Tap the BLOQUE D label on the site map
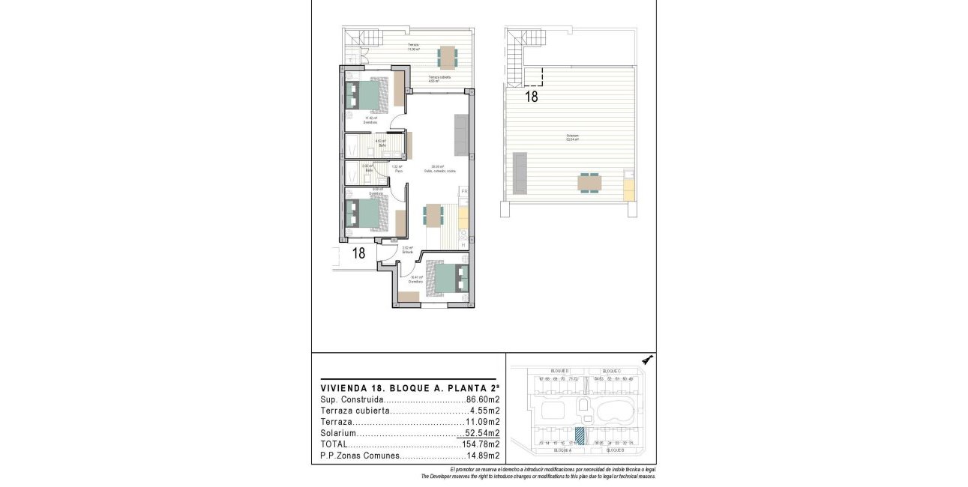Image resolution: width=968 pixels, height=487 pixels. pyautogui.click(x=559, y=372)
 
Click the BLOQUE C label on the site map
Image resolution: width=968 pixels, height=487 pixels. pyautogui.click(x=613, y=372)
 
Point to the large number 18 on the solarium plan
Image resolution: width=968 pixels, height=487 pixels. pyautogui.click(x=531, y=97)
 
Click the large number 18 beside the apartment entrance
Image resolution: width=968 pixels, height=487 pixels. pyautogui.click(x=358, y=253)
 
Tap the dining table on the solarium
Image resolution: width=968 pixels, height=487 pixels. pyautogui.click(x=589, y=183)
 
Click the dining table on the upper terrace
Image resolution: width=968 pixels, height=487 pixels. pyautogui.click(x=447, y=57)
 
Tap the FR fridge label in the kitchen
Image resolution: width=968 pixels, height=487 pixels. pyautogui.click(x=464, y=193)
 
